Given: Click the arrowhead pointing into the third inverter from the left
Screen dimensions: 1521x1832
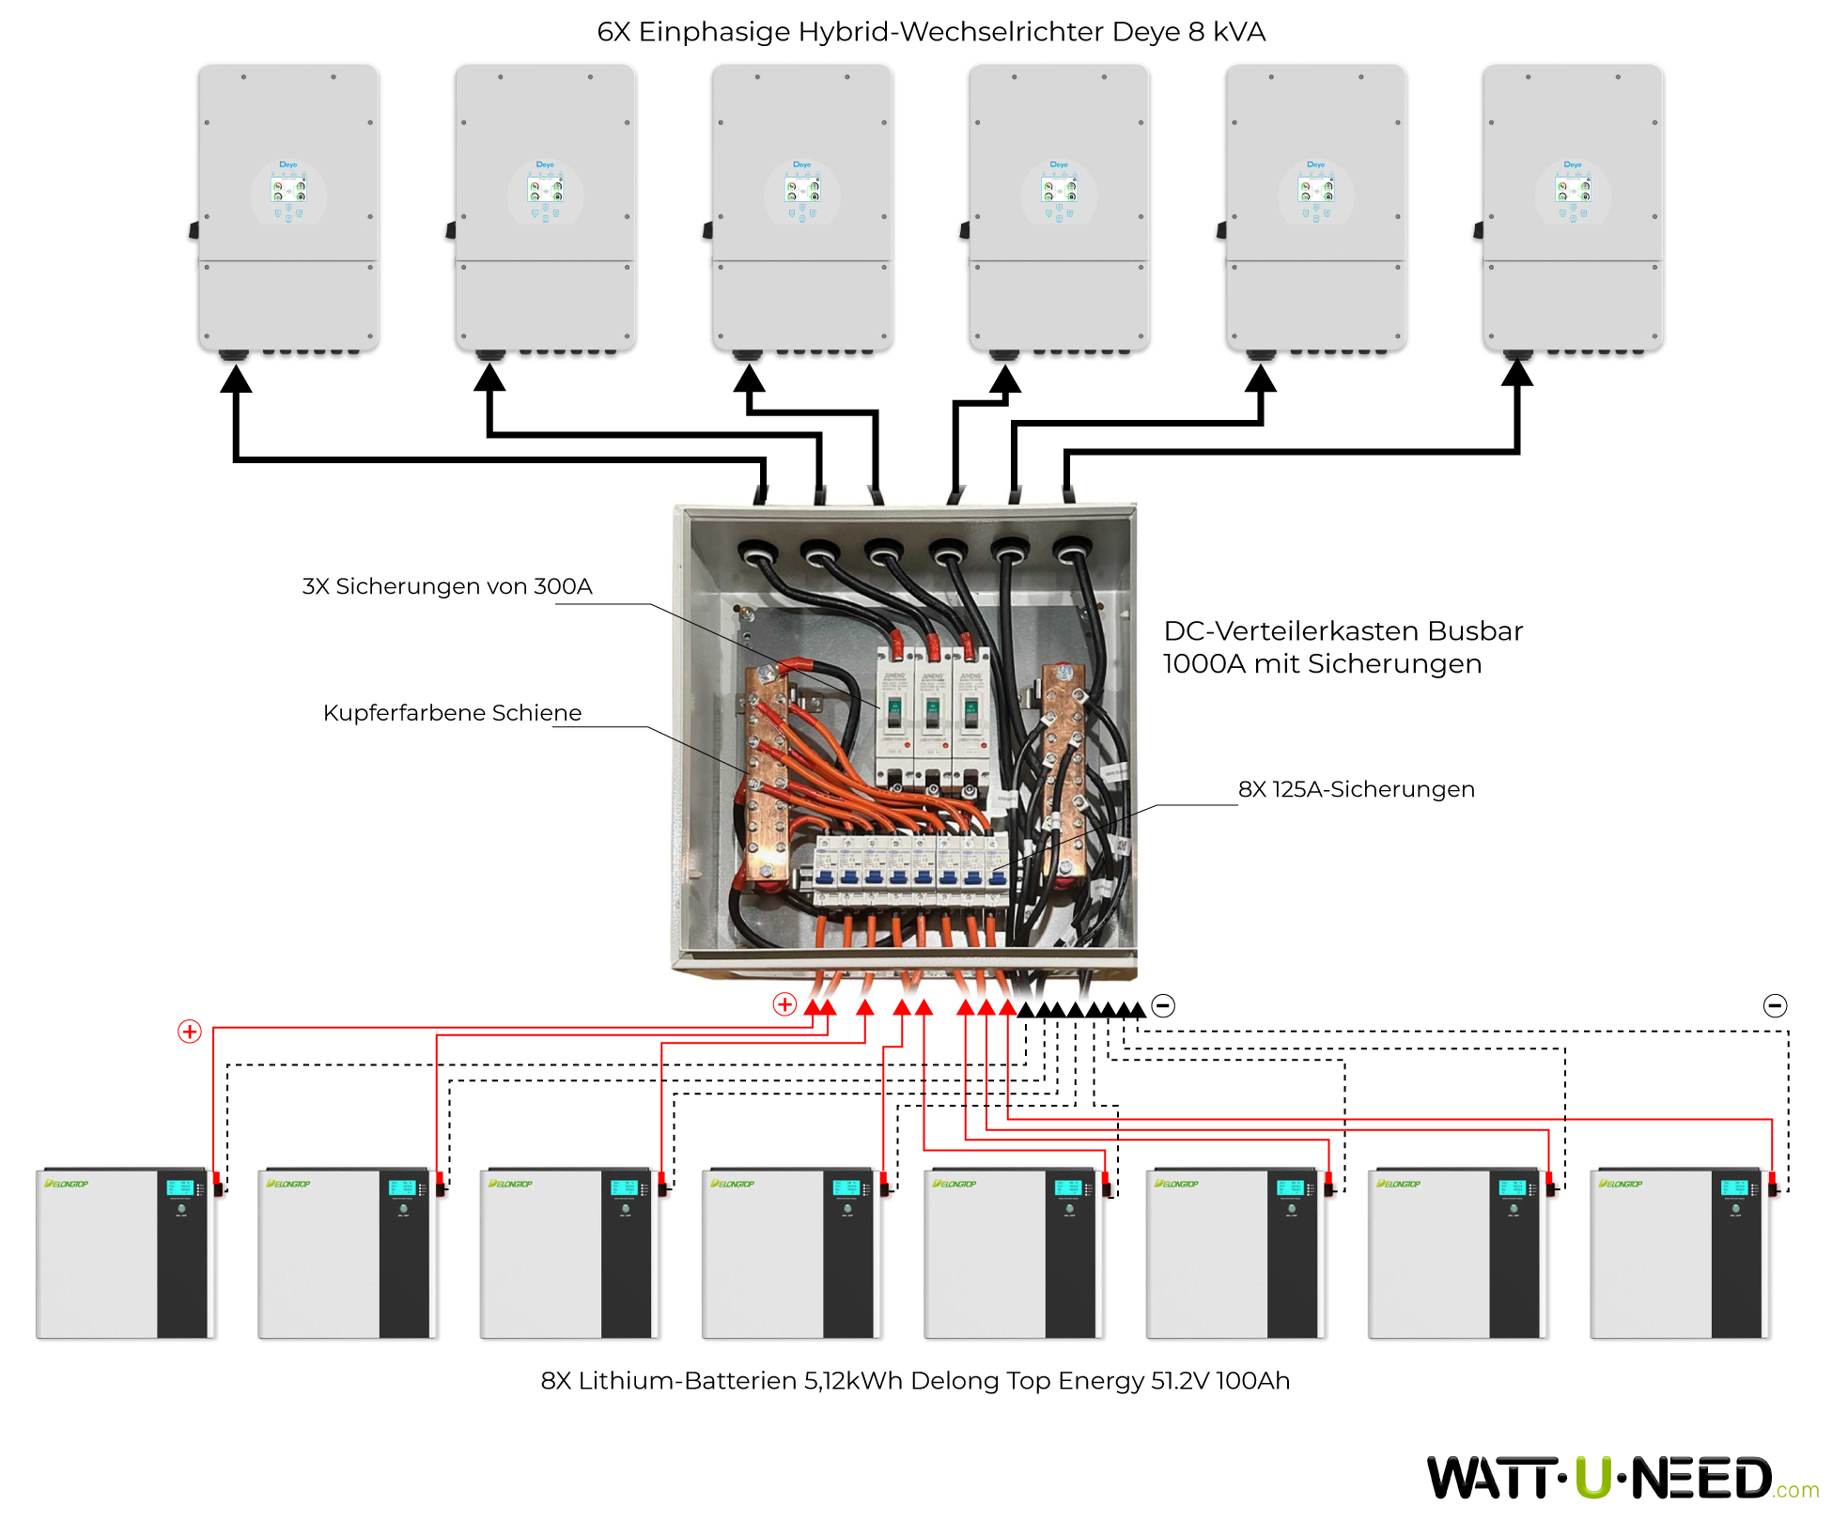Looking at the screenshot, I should tap(749, 378).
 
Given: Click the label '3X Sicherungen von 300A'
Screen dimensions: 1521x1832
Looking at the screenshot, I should tap(447, 586).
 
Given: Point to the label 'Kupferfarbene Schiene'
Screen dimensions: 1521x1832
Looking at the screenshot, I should tap(452, 713).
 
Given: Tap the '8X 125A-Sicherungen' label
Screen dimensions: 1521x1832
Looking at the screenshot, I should tap(1356, 789).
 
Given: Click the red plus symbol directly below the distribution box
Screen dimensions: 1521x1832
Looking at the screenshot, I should tap(784, 1004).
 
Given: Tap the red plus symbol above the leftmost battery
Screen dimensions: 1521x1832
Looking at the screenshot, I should tap(190, 1032).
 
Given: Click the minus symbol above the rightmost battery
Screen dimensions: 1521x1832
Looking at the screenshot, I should tap(1775, 1005).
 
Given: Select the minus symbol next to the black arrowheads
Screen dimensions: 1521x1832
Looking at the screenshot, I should tap(1163, 1005).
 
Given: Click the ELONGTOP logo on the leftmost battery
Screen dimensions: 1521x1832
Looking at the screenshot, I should tap(67, 1184).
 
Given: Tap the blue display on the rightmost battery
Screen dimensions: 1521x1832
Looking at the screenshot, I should tap(1733, 1187).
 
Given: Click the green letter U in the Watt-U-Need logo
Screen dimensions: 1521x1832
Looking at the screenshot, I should tap(1593, 1478).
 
